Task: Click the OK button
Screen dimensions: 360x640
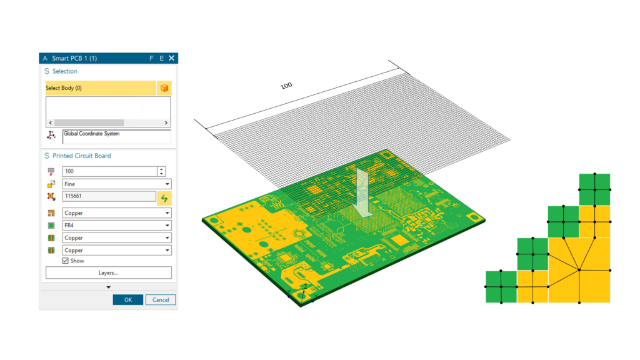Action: (x=127, y=299)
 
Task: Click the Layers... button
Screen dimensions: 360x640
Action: (x=108, y=272)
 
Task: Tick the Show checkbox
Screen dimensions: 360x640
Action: (x=65, y=261)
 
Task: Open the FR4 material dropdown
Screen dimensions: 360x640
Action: (x=116, y=225)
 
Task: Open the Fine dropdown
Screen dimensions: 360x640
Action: (x=116, y=184)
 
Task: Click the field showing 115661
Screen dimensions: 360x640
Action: (x=109, y=197)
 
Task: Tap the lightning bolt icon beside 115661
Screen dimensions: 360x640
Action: (x=164, y=197)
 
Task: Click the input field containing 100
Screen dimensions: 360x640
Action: (x=109, y=171)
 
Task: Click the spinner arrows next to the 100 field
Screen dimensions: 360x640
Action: (x=162, y=171)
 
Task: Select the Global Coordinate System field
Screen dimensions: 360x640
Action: (x=116, y=136)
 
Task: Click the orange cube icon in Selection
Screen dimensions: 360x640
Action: (x=164, y=88)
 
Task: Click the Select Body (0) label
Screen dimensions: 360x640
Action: (x=64, y=88)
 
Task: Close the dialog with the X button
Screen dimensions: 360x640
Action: (x=171, y=58)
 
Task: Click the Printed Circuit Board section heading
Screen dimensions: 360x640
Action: (x=81, y=156)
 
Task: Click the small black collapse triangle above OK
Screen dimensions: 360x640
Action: (x=108, y=287)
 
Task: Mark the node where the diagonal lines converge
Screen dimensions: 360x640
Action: (x=579, y=270)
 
